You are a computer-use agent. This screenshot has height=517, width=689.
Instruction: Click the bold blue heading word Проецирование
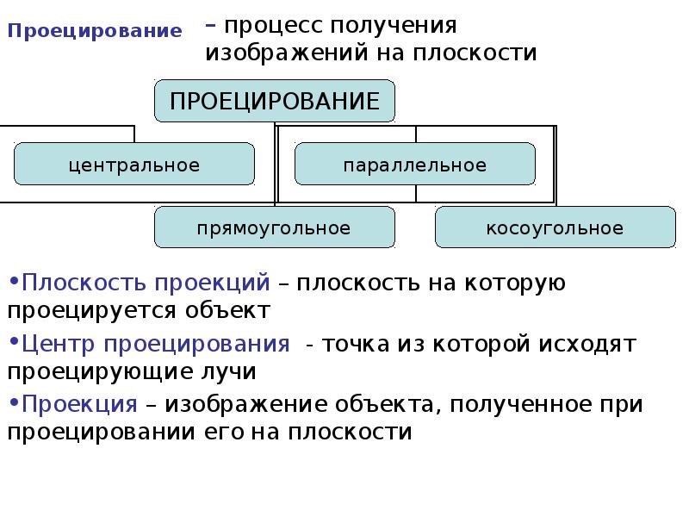point(95,32)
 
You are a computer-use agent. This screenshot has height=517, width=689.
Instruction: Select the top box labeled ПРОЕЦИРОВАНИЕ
point(275,101)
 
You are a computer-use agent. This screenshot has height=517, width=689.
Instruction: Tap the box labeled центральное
point(134,165)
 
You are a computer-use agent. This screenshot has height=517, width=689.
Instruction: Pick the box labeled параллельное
point(415,165)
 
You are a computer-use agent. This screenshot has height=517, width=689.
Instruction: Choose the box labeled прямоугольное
point(274,228)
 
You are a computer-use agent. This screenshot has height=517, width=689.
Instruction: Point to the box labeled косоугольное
point(555,228)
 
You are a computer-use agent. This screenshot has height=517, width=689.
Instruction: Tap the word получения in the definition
point(402,25)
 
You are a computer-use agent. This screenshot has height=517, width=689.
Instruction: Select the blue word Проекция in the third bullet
point(79,405)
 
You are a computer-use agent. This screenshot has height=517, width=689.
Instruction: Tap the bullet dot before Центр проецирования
point(14,341)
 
